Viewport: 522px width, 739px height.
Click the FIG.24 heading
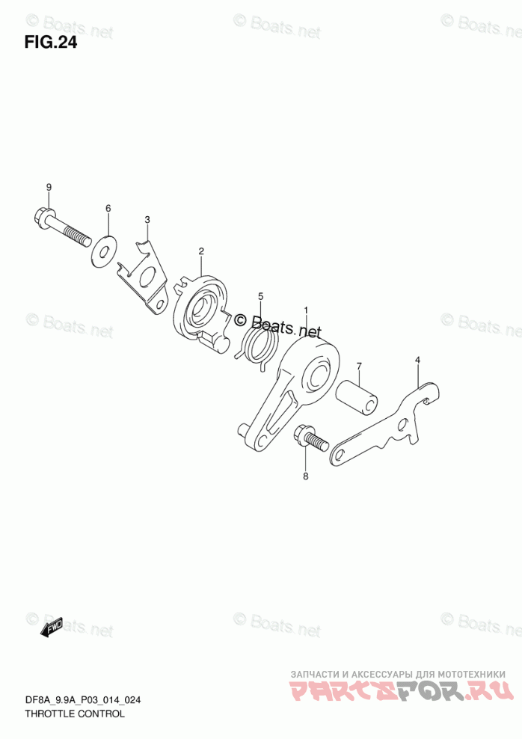coord(50,42)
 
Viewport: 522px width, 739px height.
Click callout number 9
coord(49,187)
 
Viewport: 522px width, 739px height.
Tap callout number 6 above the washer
coord(108,208)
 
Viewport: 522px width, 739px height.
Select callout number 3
coord(147,219)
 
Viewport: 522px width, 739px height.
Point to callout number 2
coord(201,251)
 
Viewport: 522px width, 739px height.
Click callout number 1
coord(305,310)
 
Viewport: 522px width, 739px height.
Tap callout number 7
coord(359,366)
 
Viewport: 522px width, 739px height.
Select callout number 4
coord(418,361)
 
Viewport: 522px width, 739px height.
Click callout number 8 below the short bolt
coord(305,476)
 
